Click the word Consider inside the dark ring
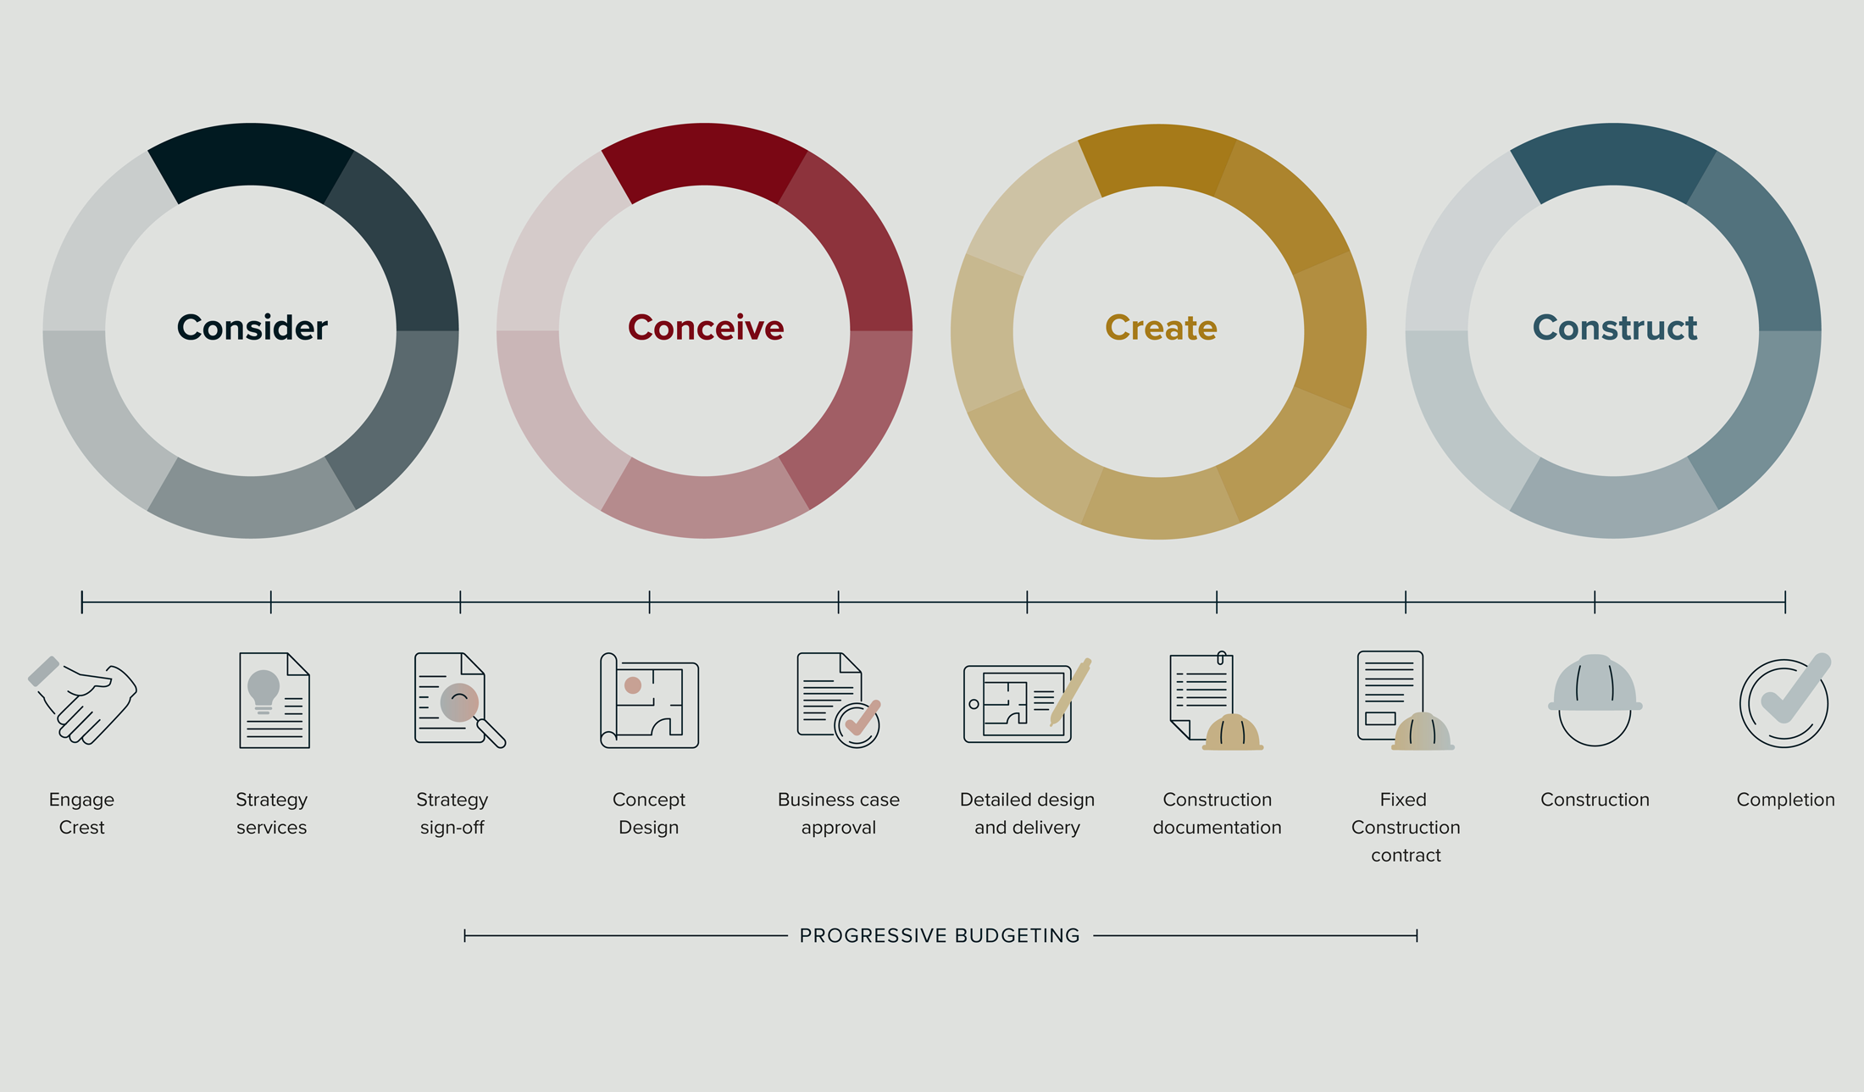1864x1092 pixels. [x=252, y=328]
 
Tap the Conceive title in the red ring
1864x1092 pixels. [x=706, y=328]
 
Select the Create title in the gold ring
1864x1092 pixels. [x=1161, y=328]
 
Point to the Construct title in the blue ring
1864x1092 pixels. [x=1615, y=328]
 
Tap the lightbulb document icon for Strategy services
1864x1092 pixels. [x=275, y=701]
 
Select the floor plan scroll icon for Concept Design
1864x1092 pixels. [x=649, y=701]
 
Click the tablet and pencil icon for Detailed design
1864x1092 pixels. [x=1027, y=701]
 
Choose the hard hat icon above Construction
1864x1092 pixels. [x=1595, y=700]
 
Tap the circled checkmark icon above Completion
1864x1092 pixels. [x=1785, y=701]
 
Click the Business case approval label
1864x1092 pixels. [x=839, y=813]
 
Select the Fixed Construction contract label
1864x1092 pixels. [x=1406, y=827]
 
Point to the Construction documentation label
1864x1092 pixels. [x=1217, y=813]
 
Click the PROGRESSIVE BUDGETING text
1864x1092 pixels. [x=940, y=935]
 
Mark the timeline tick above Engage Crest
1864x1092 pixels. [x=82, y=602]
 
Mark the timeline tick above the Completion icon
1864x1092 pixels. [x=1785, y=602]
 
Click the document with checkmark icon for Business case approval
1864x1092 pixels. [x=839, y=700]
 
